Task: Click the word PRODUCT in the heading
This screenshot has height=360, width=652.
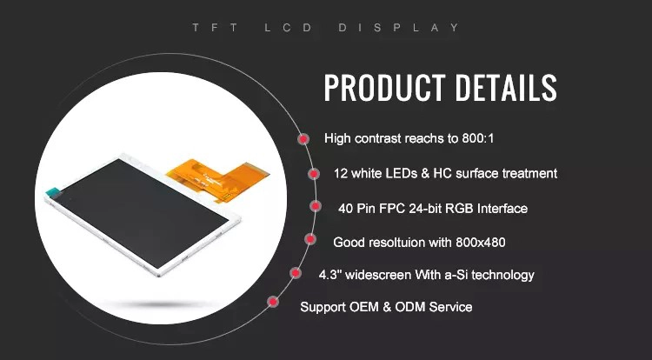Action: pos(384,88)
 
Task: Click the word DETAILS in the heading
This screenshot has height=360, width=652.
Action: pos(506,88)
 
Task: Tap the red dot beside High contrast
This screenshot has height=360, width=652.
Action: pos(303,139)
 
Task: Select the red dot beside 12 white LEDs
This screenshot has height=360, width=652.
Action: pos(314,174)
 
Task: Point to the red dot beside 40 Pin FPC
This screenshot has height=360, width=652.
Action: pos(316,206)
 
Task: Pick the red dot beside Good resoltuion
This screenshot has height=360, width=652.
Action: pos(309,239)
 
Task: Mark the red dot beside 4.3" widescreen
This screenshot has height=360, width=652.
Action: pos(296,273)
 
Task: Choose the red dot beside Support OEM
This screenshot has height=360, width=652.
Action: pos(273,302)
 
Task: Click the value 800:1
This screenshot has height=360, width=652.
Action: pos(478,138)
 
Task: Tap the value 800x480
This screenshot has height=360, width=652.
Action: pos(480,242)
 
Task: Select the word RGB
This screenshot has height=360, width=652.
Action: pos(459,209)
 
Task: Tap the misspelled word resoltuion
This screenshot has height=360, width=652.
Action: pos(388,242)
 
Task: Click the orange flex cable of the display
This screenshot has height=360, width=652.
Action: pos(218,177)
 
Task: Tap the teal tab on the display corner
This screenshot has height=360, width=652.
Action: pos(53,191)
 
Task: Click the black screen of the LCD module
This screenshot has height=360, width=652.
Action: pos(143,212)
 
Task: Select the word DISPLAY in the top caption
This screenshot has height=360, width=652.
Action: pos(399,28)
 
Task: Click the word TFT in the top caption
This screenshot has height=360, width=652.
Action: pos(215,28)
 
